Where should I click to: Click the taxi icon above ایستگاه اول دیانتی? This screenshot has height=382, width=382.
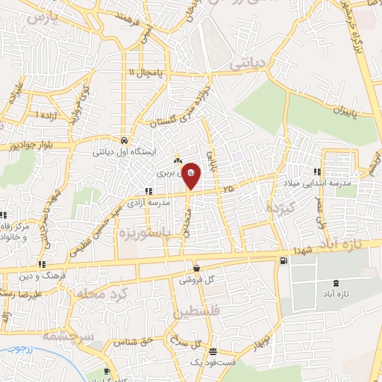click(123, 140)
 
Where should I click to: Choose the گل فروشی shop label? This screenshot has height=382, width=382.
click(195, 281)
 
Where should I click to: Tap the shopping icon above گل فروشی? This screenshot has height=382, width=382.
click(195, 268)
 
